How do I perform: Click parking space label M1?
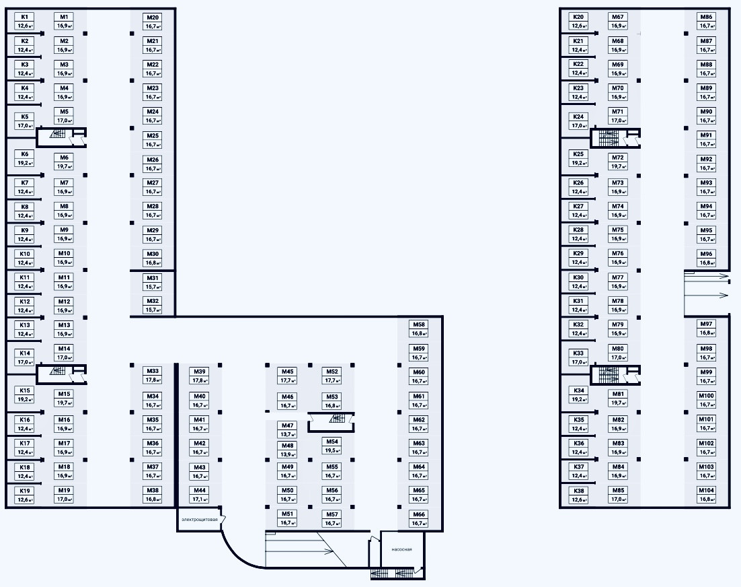pos(64,21)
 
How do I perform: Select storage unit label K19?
pos(25,495)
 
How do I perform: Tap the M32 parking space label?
pos(153,305)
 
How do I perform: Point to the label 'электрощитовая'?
pos(200,520)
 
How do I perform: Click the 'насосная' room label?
pos(401,549)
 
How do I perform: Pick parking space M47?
pos(288,429)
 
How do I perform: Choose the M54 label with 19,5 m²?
pos(332,446)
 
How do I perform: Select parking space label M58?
pos(420,329)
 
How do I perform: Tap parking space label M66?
pos(420,518)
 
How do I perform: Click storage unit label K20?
pos(579,21)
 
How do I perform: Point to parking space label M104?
pos(706,495)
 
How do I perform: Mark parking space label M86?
pos(706,21)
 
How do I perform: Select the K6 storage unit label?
pos(25,158)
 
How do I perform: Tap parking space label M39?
pos(200,376)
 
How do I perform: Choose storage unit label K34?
pos(579,394)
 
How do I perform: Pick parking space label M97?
pos(706,329)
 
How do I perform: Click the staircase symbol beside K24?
pos(609,138)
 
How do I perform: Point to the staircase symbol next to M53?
pos(337,419)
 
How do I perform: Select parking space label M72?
pos(618,162)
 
